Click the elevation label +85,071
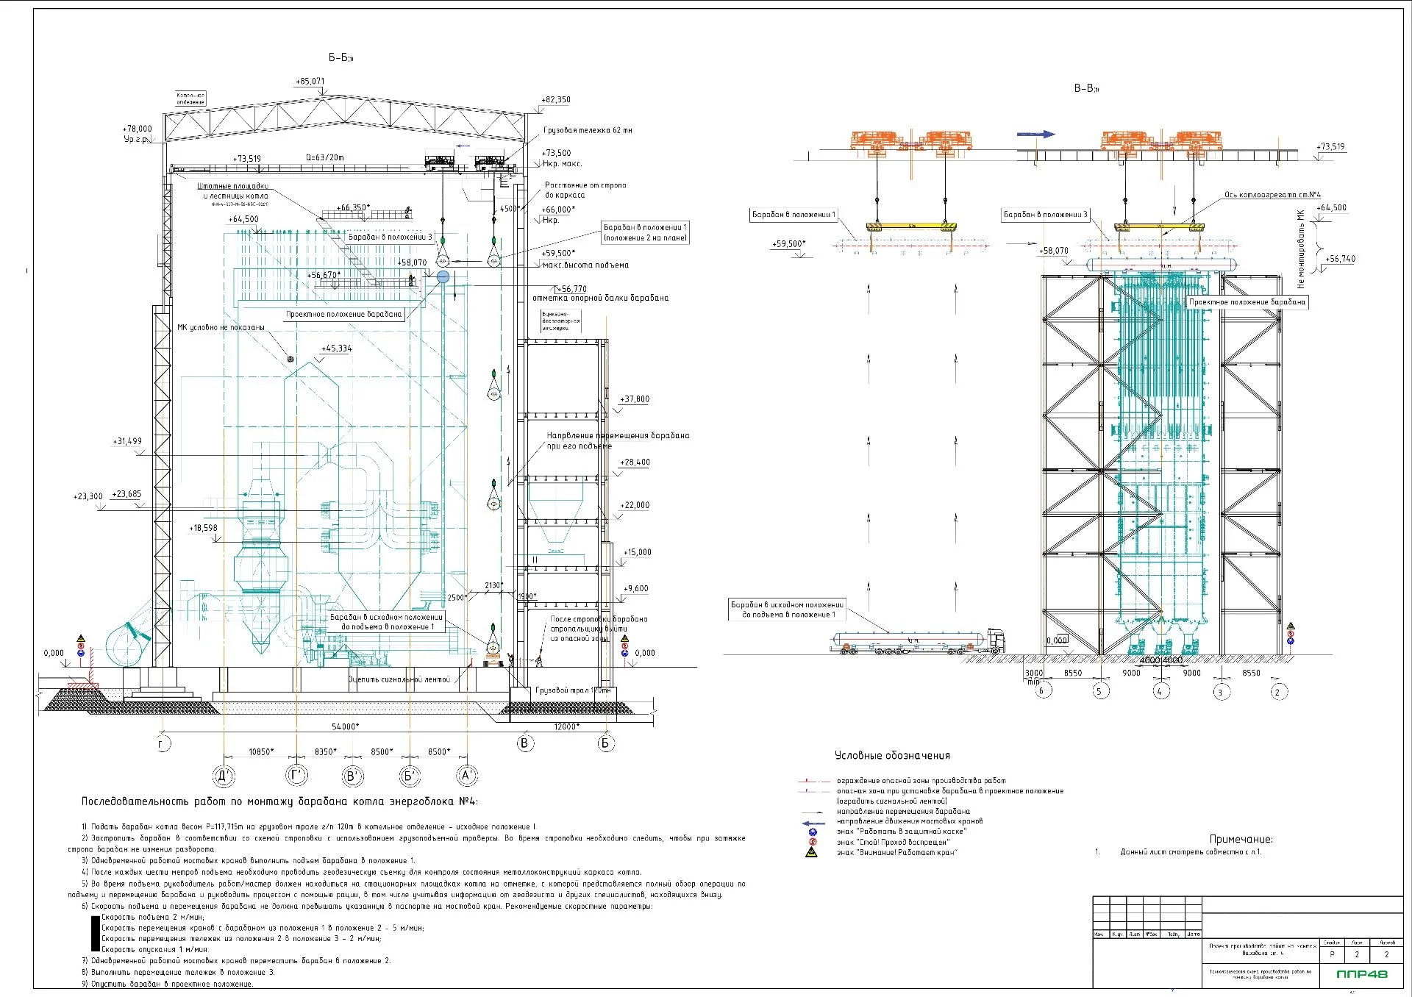[310, 82]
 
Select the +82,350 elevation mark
[556, 100]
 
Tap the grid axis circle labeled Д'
[224, 775]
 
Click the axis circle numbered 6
[1041, 691]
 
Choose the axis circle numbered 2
[1277, 691]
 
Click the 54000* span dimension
[345, 727]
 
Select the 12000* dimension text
[565, 727]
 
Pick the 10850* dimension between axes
[260, 752]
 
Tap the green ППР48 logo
[1363, 974]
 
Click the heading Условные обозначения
[892, 756]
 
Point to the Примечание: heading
[1241, 840]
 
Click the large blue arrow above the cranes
[1035, 135]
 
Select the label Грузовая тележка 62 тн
[588, 131]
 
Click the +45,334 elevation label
[336, 349]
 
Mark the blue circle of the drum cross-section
[443, 276]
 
